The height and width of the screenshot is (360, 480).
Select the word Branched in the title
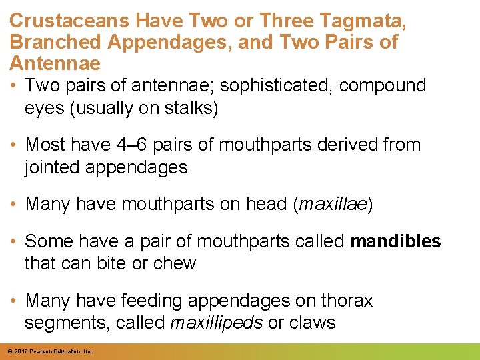pyautogui.click(x=55, y=42)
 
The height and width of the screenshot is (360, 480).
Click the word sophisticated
pyautogui.click(x=276, y=86)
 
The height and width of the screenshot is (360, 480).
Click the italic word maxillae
pyautogui.click(x=333, y=204)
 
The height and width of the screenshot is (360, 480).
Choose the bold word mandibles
pyautogui.click(x=395, y=241)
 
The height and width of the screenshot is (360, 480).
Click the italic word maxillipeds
pyautogui.click(x=216, y=323)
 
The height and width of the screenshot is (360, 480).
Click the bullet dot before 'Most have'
pyautogui.click(x=13, y=145)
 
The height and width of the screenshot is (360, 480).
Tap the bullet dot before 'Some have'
pyautogui.click(x=13, y=241)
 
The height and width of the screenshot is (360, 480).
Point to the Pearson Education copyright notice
pyautogui.click(x=51, y=351)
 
